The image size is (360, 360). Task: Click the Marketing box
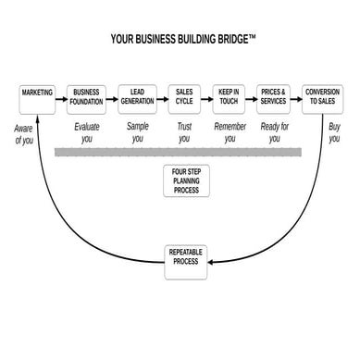(37, 97)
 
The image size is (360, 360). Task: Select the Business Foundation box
(87, 97)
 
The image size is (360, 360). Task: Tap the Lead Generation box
(136, 97)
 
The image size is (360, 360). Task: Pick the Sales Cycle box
(184, 97)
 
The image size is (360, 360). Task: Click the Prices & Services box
(275, 97)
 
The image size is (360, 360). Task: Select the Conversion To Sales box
(322, 97)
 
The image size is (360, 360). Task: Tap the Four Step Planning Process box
(184, 180)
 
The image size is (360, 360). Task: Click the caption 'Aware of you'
(24, 134)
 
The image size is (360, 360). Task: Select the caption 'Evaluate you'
(87, 131)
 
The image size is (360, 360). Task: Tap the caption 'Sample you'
(137, 131)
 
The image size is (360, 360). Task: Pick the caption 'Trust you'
(184, 131)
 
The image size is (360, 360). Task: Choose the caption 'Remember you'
(230, 131)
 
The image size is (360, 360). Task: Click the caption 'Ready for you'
(274, 131)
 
